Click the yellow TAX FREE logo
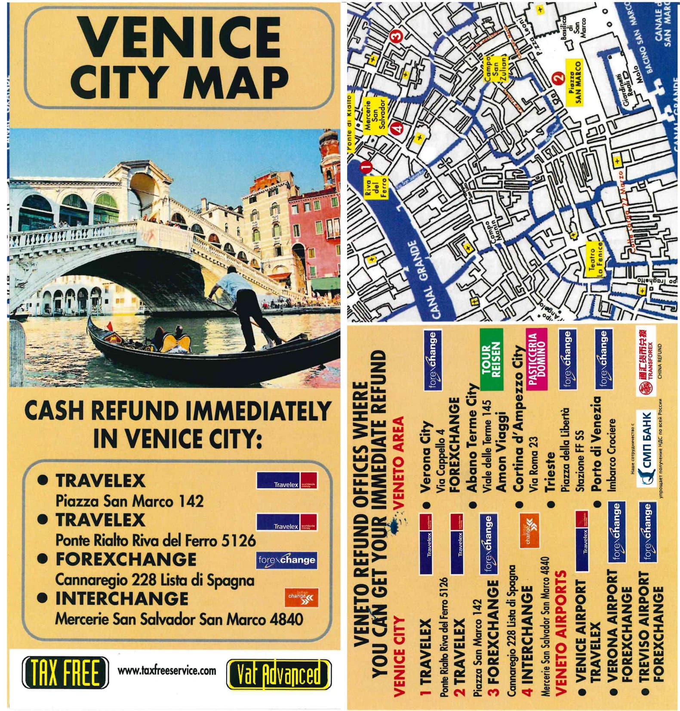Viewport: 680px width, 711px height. [x=65, y=672]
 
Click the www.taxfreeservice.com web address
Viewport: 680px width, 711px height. [x=167, y=671]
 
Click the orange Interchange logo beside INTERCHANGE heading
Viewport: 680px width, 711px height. [x=302, y=597]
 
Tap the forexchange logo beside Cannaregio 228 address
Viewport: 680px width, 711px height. [x=287, y=560]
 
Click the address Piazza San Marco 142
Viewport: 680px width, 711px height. [x=129, y=501]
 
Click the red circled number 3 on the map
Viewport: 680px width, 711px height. [x=396, y=35]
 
